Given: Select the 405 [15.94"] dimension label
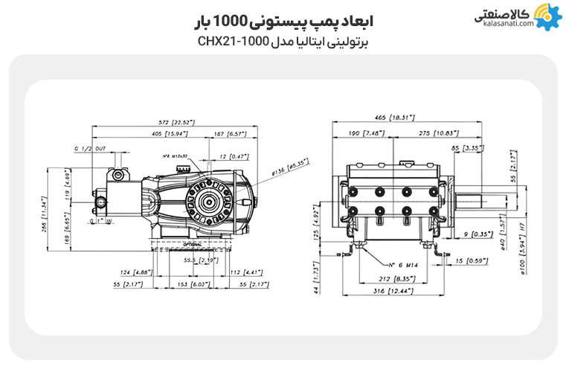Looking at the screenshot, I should point(165,134).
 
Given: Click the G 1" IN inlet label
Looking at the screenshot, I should point(100,222).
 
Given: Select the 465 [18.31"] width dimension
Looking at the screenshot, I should point(395,118).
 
